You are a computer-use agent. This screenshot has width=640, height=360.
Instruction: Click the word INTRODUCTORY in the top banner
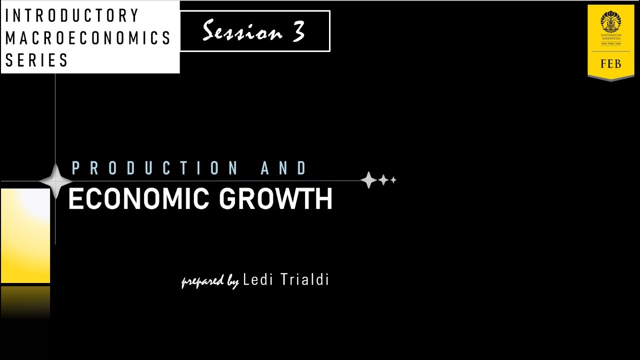tap(72, 16)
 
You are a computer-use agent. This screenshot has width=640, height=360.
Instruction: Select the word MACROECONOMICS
tap(88, 38)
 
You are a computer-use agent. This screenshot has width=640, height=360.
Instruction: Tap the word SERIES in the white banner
tap(37, 60)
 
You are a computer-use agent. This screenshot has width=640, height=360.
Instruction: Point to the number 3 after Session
tap(298, 32)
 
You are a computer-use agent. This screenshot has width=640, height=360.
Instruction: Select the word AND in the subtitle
tap(284, 168)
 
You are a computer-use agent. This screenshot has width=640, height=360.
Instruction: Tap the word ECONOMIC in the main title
tap(138, 199)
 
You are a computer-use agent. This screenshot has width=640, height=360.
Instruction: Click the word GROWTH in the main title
tap(276, 199)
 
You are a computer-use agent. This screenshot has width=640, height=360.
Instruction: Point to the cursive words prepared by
tap(210, 281)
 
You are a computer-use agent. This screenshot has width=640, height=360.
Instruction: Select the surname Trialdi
tap(304, 279)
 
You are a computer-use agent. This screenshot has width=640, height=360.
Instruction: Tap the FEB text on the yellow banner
tap(610, 64)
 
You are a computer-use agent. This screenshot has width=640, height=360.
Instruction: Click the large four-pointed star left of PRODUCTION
tap(55, 180)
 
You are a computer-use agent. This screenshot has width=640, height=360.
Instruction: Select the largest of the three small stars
tap(368, 180)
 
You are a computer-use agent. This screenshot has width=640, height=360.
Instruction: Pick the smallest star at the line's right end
tap(393, 180)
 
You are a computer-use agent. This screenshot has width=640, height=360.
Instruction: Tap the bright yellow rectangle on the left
tap(25, 235)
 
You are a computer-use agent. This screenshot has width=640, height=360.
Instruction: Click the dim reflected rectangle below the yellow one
tap(25, 302)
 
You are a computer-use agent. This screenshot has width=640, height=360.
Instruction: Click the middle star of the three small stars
tap(383, 180)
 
